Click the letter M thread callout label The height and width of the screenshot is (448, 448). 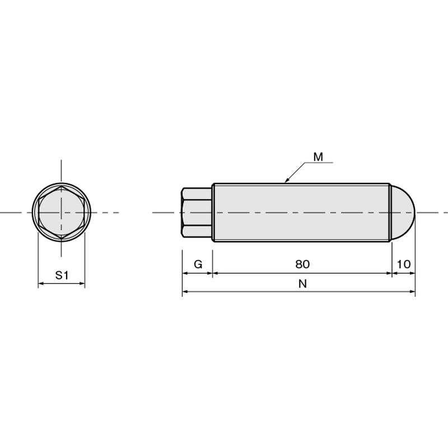(318, 157)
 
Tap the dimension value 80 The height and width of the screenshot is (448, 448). (302, 264)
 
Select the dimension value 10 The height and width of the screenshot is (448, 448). (404, 264)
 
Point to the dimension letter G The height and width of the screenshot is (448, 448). (198, 264)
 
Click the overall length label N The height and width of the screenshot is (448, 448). (302, 284)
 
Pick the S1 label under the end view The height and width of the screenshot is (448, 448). (62, 275)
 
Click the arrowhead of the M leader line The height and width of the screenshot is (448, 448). (287, 180)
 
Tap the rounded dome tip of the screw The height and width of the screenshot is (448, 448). (403, 213)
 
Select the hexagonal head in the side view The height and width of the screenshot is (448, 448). (197, 213)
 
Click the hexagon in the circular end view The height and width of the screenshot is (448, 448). (61, 213)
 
